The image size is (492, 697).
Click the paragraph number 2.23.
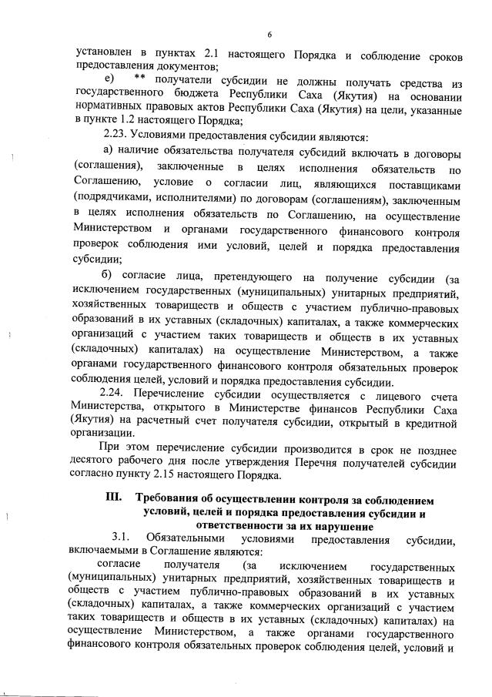[x=117, y=136]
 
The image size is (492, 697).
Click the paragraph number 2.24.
[x=118, y=394]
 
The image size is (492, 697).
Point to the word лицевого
[x=390, y=394]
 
